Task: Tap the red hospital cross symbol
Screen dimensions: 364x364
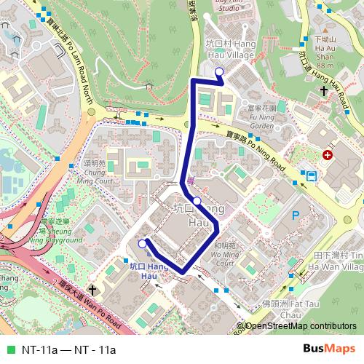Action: click(328, 156)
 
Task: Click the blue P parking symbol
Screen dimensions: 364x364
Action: click(296, 215)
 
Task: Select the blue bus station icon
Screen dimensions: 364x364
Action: click(311, 175)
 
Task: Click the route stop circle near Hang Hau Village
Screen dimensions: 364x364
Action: click(219, 71)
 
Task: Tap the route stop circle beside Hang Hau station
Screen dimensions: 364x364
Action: click(142, 244)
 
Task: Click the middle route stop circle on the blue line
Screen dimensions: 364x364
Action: click(197, 200)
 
